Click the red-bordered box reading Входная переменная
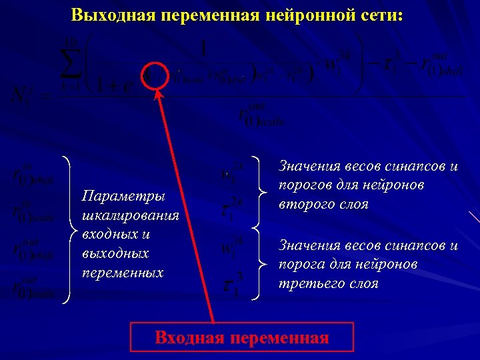click(241, 337)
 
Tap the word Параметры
click(122, 196)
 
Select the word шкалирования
click(131, 215)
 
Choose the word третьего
click(307, 283)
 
